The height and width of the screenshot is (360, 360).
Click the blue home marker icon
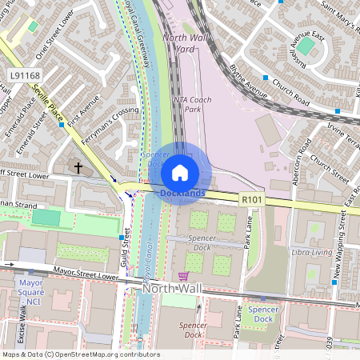pyautogui.click(x=180, y=172)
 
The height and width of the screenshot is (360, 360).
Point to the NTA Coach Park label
pyautogui.click(x=192, y=104)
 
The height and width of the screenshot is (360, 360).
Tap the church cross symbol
pyautogui.click(x=78, y=167)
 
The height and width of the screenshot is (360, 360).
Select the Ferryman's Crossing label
pyautogui.click(x=115, y=124)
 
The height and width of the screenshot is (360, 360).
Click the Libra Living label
pyautogui.click(x=310, y=252)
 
